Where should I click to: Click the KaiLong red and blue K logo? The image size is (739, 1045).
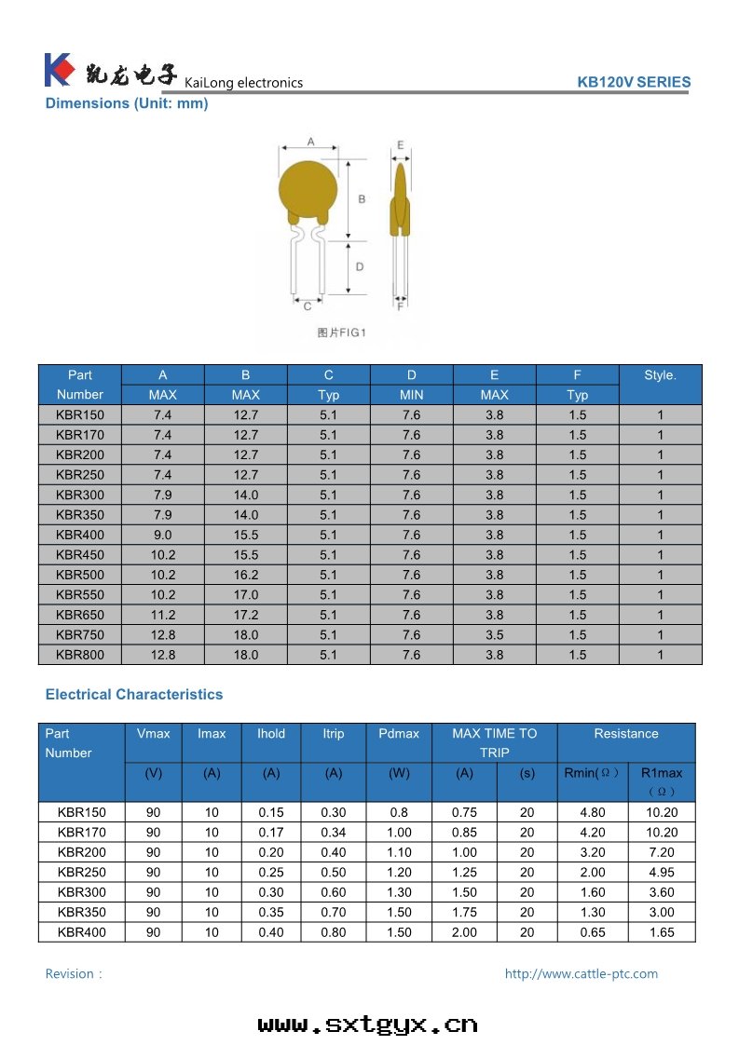[x=59, y=71]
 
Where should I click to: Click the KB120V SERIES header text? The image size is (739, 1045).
[x=634, y=82]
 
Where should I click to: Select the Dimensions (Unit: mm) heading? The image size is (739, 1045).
[x=127, y=103]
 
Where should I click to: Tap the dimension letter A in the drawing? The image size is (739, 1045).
[x=310, y=142]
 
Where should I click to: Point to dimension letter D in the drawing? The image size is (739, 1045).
[x=359, y=266]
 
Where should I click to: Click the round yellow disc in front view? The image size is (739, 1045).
[x=306, y=191]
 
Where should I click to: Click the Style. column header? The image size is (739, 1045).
[x=660, y=375]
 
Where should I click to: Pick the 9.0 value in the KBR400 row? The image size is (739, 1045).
[x=163, y=536]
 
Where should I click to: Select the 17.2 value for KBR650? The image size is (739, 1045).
[x=246, y=616]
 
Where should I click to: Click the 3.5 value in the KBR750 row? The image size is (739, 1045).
[x=494, y=635]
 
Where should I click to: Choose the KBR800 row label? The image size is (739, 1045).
[x=80, y=655]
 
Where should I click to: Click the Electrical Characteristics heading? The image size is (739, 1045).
[x=134, y=695]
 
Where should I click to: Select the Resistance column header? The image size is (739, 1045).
[x=625, y=734]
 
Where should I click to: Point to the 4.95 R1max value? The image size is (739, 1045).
[x=662, y=873]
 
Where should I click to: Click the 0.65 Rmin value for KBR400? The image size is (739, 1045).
[x=592, y=932]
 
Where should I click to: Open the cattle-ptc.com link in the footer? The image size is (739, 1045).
[x=582, y=974]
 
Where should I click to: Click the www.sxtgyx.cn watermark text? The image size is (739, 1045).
[x=368, y=1025]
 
